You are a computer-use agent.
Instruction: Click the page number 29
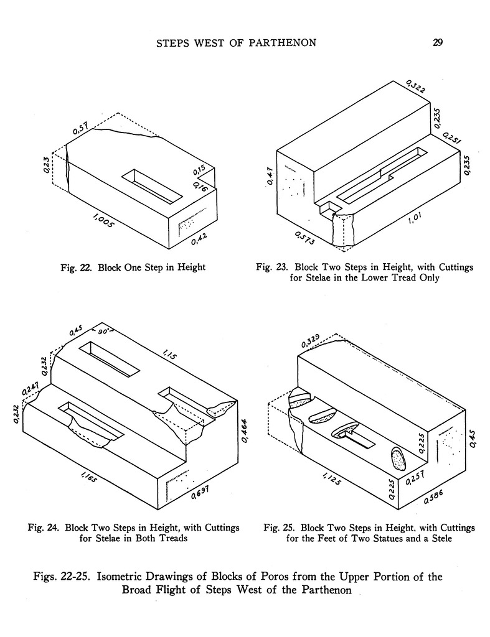pos(437,43)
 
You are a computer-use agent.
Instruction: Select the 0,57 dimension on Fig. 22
pos(80,129)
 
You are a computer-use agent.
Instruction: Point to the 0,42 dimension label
pos(199,238)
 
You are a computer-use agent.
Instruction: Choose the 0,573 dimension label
pos(303,238)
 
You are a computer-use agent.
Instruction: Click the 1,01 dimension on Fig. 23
pos(413,220)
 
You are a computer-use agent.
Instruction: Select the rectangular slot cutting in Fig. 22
pos(153,186)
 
